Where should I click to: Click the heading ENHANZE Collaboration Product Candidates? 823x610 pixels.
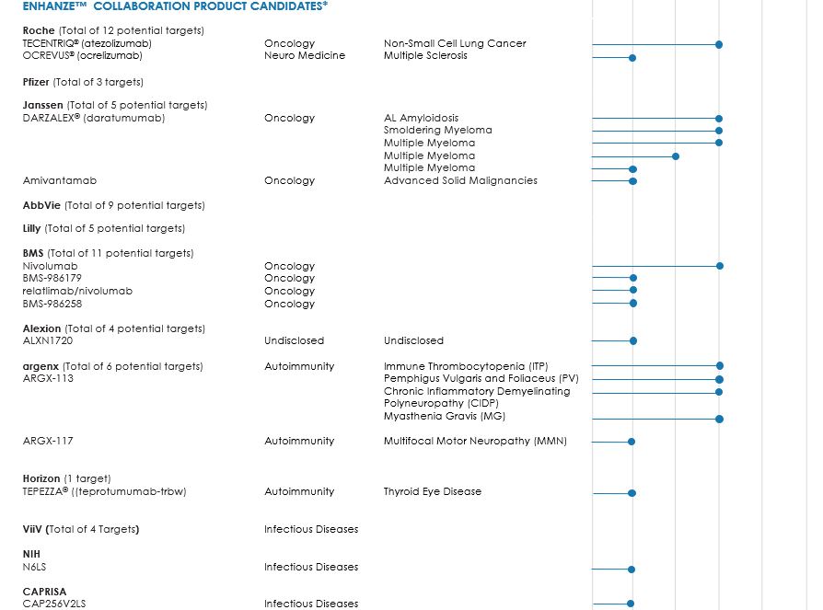pos(175,6)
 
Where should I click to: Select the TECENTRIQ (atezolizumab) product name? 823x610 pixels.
pos(87,43)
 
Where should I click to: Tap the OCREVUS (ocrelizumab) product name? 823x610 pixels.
pos(83,56)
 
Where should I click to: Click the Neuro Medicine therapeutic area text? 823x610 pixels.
pos(305,56)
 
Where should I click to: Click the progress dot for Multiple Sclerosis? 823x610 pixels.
pos(632,58)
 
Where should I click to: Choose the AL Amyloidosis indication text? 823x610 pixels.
pos(421,118)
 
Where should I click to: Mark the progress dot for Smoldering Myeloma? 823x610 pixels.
pos(719,131)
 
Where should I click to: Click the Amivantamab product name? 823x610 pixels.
pos(60,180)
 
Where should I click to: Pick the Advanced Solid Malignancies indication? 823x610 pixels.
pos(460,180)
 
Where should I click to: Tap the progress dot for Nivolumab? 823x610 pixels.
pos(720,266)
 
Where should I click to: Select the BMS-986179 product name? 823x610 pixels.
pos(52,278)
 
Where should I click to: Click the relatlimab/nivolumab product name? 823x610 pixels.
pos(77,291)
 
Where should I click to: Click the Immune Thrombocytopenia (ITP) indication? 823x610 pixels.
pos(466,366)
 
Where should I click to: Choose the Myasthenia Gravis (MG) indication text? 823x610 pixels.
pos(445,417)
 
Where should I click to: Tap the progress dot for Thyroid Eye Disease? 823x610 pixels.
pos(632,494)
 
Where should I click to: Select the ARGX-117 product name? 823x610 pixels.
pos(48,441)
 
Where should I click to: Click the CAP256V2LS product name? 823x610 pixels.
pos(54,604)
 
